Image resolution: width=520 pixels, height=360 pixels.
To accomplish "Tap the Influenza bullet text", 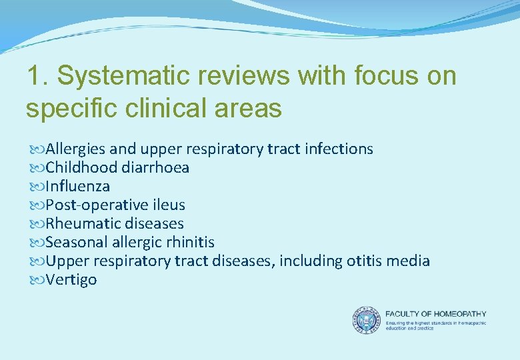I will [x=77, y=186].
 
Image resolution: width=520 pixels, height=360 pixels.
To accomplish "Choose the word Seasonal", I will [x=75, y=242].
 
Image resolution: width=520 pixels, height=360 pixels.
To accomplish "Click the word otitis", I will [x=363, y=261].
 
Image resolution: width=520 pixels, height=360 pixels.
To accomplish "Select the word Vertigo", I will [x=71, y=279].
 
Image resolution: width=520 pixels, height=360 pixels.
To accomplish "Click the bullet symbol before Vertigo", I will [x=35, y=280].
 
